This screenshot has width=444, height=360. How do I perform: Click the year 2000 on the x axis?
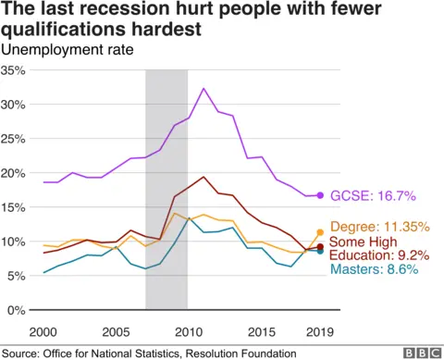pos(43,330)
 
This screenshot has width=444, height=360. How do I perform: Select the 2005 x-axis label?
pos(116,330)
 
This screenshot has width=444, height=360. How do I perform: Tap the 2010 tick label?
pos(188,330)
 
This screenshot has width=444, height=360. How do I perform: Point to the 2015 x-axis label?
pos(261,330)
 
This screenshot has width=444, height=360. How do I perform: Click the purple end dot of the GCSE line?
pos(320,195)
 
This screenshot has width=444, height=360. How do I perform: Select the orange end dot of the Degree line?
pos(320,232)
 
